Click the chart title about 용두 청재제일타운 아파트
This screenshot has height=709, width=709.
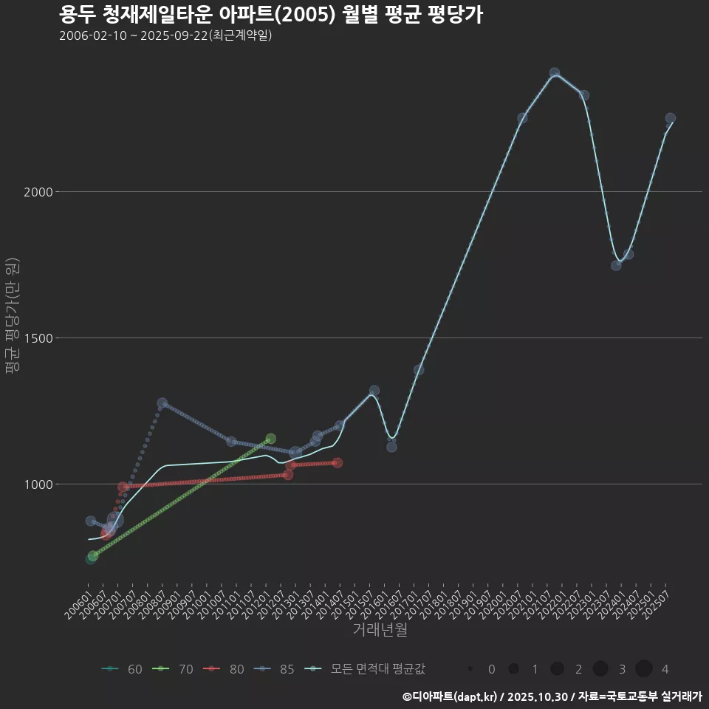click(270, 15)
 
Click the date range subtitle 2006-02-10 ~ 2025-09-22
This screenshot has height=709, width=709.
click(165, 35)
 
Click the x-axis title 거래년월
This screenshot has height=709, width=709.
click(380, 629)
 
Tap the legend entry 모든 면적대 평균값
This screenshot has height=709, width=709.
click(366, 669)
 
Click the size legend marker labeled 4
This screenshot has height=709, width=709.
click(643, 669)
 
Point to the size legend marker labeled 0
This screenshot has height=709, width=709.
click(470, 669)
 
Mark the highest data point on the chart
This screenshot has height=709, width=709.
click(555, 73)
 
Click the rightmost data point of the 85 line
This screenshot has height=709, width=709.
click(671, 118)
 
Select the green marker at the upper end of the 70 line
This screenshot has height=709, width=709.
click(270, 439)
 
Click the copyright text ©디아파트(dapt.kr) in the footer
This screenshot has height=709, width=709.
click(451, 696)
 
